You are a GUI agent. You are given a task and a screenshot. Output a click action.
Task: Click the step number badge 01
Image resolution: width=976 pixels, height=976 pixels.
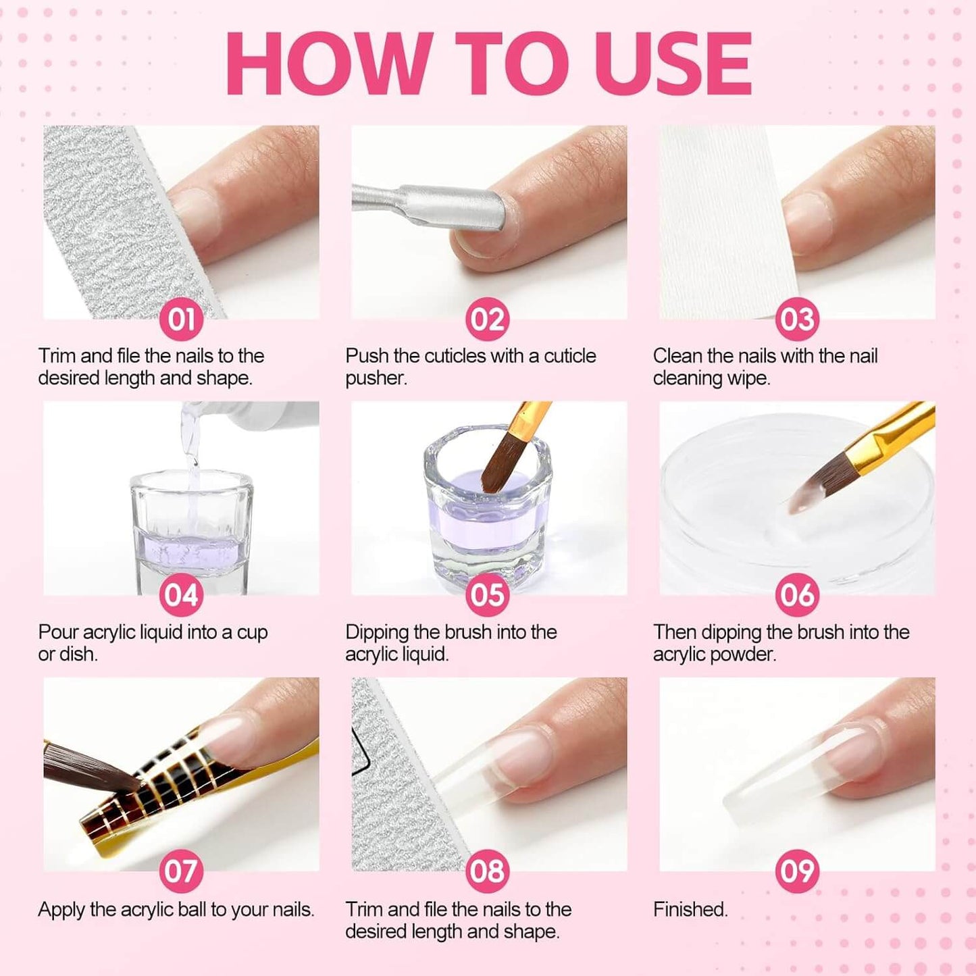pyautogui.click(x=181, y=319)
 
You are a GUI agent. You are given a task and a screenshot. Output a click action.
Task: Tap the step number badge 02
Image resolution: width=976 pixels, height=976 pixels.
pyautogui.click(x=488, y=319)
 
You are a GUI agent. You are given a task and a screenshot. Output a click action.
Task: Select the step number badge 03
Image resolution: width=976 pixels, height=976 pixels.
pyautogui.click(x=797, y=319)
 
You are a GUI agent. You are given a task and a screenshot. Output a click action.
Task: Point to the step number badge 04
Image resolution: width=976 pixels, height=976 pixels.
pyautogui.click(x=181, y=595)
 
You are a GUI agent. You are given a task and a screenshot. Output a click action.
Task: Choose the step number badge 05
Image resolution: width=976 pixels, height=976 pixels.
pyautogui.click(x=488, y=595)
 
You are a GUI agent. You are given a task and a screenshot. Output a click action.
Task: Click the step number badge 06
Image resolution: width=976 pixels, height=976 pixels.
pyautogui.click(x=797, y=595)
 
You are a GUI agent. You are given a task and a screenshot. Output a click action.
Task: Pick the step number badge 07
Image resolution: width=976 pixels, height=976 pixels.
pyautogui.click(x=181, y=871)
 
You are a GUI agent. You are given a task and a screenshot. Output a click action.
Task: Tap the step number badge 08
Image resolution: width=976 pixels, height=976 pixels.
pyautogui.click(x=488, y=871)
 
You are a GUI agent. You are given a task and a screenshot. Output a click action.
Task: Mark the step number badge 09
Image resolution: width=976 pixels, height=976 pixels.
pyautogui.click(x=797, y=871)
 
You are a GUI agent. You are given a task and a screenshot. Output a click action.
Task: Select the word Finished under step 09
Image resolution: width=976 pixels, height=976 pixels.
pyautogui.click(x=690, y=909)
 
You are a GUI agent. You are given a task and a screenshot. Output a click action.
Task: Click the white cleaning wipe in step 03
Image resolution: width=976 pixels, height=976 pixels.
pyautogui.click(x=723, y=223)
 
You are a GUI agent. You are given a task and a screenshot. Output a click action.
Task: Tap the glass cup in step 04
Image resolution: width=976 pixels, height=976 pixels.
pyautogui.click(x=192, y=534)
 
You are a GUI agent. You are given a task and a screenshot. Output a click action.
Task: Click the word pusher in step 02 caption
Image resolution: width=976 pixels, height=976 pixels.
pyautogui.click(x=376, y=378)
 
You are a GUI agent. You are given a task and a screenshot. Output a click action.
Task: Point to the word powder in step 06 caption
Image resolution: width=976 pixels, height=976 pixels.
pyautogui.click(x=745, y=654)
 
